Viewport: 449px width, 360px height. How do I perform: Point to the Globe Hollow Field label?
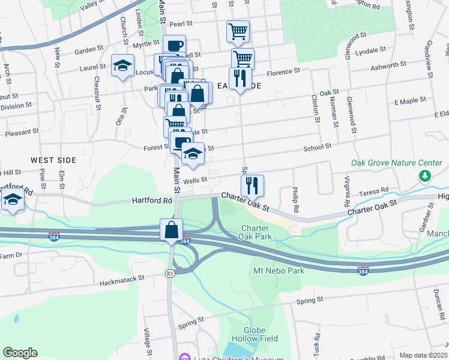(x=261, y=334)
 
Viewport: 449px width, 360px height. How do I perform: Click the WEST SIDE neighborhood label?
(x=54, y=160)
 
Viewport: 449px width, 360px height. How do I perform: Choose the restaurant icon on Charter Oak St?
(x=253, y=185)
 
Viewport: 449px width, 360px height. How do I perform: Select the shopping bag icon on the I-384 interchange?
(x=172, y=229)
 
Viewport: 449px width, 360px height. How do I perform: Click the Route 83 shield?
(x=170, y=273)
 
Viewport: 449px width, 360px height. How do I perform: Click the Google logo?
(x=20, y=353)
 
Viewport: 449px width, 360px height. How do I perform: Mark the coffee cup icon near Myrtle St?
(x=174, y=46)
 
